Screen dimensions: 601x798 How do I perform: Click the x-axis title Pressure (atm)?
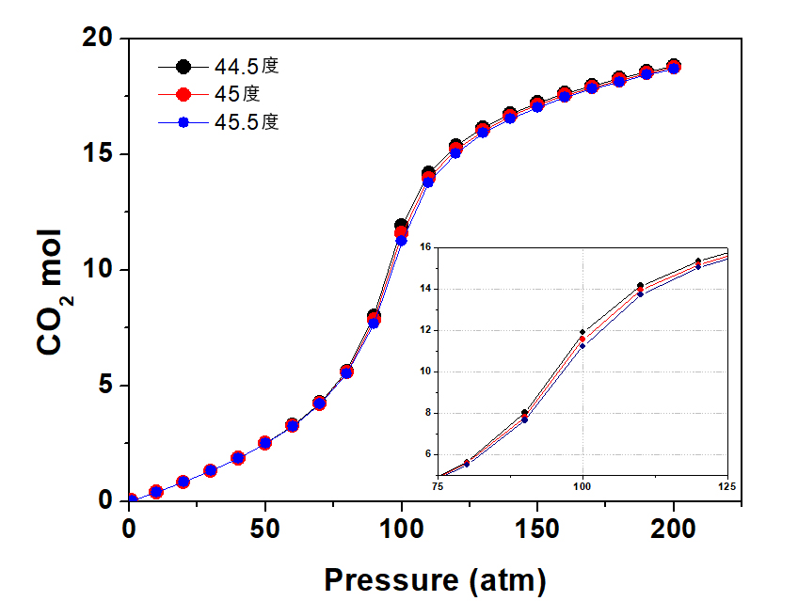tap(434, 579)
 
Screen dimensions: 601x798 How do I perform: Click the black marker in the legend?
tap(184, 67)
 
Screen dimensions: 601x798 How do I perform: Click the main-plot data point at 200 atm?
tap(674, 67)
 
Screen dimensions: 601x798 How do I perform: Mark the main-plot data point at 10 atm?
tap(156, 492)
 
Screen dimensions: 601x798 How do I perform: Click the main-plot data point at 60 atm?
tap(293, 425)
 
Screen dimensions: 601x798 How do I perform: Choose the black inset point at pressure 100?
tap(583, 332)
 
